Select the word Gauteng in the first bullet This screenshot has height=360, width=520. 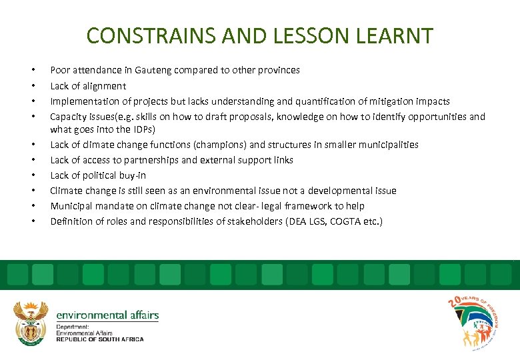[x=153, y=70]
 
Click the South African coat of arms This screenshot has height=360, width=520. [x=31, y=323]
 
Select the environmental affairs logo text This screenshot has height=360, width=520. [x=107, y=315]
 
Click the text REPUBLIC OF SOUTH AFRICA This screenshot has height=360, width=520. [x=100, y=339]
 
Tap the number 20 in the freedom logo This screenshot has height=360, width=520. [x=455, y=305]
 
